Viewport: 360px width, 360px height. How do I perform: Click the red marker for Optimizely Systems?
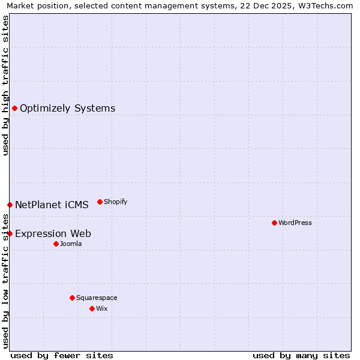(x=14, y=108)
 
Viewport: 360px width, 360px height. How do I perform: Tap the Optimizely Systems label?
(x=67, y=109)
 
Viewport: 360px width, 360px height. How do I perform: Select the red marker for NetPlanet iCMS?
(x=10, y=205)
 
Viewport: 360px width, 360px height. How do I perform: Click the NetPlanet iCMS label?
(x=52, y=205)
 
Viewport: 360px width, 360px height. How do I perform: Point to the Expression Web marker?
(x=10, y=233)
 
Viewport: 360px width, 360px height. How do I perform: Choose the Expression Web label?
(x=53, y=234)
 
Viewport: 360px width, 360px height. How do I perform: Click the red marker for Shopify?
(x=100, y=202)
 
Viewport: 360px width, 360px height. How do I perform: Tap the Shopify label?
(x=115, y=202)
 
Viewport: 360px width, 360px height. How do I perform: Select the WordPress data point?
(x=274, y=223)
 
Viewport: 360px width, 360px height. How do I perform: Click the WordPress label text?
(x=295, y=223)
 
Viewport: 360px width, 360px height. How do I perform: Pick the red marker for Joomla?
(x=56, y=244)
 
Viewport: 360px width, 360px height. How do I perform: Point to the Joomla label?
(x=71, y=244)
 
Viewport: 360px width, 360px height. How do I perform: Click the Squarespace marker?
(x=72, y=298)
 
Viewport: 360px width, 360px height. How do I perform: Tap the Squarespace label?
(x=97, y=298)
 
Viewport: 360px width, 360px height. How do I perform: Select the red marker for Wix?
(x=92, y=308)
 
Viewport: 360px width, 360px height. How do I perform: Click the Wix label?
(x=101, y=309)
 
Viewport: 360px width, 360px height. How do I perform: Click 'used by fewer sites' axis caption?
(x=62, y=355)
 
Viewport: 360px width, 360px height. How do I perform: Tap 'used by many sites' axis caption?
(x=301, y=355)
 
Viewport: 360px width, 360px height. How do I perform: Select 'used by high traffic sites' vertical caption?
(x=5, y=85)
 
